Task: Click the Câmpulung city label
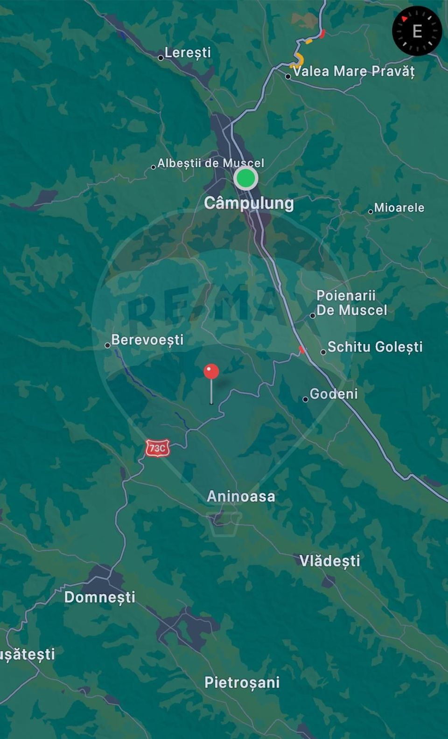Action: point(249,203)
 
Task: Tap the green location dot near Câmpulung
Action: point(245,178)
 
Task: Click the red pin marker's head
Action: point(211,372)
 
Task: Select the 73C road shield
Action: point(157,448)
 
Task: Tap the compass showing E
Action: point(417,31)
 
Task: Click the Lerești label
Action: point(188,53)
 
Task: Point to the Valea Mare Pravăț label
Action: point(353,71)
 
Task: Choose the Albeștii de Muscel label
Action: point(210,163)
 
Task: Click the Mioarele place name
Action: point(399,208)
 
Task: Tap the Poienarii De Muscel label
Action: point(351,303)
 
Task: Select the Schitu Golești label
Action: point(375,347)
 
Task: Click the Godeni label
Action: point(334,394)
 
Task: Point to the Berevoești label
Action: point(147,340)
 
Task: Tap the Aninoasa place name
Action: point(241,496)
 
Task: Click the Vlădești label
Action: point(329,560)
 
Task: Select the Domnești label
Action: point(100,597)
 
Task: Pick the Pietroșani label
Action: point(242,683)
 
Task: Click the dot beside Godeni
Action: point(305,399)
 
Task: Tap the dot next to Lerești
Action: point(161,58)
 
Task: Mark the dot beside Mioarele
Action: point(371,211)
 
